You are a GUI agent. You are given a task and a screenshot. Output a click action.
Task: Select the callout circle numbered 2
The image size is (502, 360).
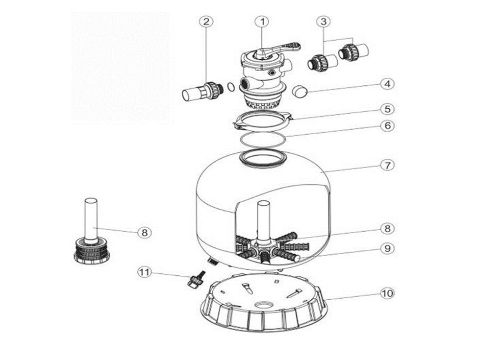point(206,22)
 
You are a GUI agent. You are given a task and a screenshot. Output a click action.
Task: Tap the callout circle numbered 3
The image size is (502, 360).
point(323,22)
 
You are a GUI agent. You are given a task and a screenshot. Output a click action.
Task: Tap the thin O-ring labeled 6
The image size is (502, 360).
point(264,139)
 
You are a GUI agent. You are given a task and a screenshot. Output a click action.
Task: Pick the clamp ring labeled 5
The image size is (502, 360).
point(263,120)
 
